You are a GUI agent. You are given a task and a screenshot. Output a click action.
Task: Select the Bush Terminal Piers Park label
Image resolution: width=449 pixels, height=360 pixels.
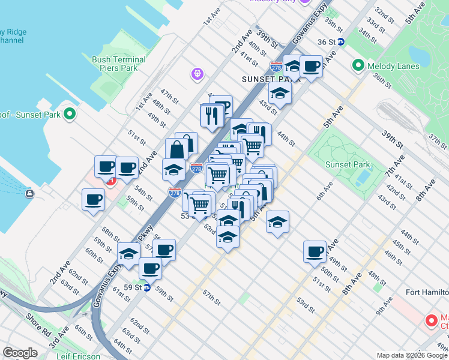click(x=119, y=64)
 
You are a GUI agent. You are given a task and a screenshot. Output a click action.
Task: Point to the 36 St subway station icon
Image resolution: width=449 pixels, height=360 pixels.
click(x=340, y=42)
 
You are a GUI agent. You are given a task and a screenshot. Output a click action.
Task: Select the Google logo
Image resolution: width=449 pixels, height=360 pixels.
click(x=20, y=353)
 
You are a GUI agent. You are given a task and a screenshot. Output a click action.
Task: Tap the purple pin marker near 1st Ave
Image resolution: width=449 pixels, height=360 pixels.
click(x=196, y=74)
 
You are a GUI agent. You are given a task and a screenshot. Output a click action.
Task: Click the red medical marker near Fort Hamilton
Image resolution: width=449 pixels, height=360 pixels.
click(x=430, y=320)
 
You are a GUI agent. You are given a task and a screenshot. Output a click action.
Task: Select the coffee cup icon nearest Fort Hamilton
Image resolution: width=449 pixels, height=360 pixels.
click(x=315, y=252)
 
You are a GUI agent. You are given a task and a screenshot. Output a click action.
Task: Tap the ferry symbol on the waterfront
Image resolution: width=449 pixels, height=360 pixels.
click(x=29, y=193)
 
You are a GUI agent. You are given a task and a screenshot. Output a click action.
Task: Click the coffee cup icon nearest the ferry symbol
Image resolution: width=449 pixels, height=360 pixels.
click(x=93, y=200)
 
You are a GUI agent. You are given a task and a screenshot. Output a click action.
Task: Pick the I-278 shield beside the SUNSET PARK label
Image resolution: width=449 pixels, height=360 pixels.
click(x=276, y=68)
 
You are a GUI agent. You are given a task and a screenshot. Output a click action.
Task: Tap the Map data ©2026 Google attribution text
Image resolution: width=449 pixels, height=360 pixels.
click(x=412, y=355)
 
